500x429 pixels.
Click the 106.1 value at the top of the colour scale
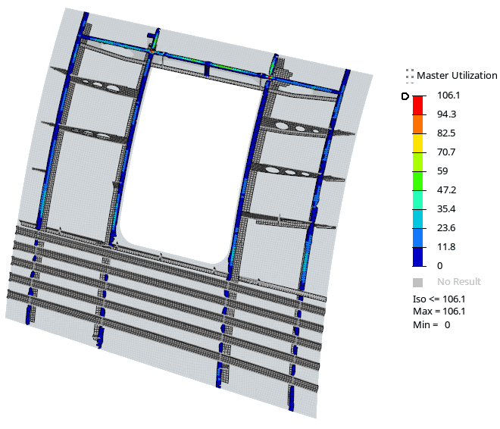448,95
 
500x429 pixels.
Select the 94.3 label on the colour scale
446,114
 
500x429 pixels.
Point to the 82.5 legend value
446,133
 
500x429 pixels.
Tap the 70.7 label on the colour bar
446,152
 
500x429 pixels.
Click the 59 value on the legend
442,171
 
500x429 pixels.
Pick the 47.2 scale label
446,189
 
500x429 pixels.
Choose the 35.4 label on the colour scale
446,209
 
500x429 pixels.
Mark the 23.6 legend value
446,227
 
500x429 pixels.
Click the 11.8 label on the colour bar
446,246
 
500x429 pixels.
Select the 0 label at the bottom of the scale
439,266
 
